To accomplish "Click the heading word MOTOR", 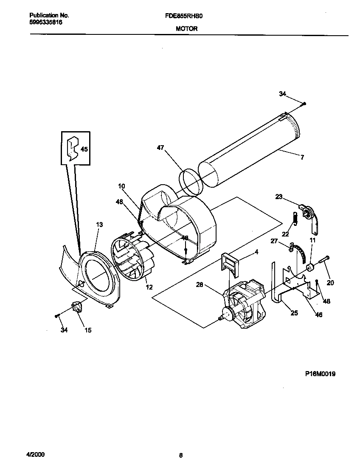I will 186,29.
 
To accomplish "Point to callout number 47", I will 160,148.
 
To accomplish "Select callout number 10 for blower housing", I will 121,186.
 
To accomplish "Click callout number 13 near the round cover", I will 99,225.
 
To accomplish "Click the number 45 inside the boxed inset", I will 84,149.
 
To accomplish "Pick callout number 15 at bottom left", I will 88,330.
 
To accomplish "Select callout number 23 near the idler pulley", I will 278,197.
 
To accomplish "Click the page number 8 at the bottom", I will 180,456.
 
